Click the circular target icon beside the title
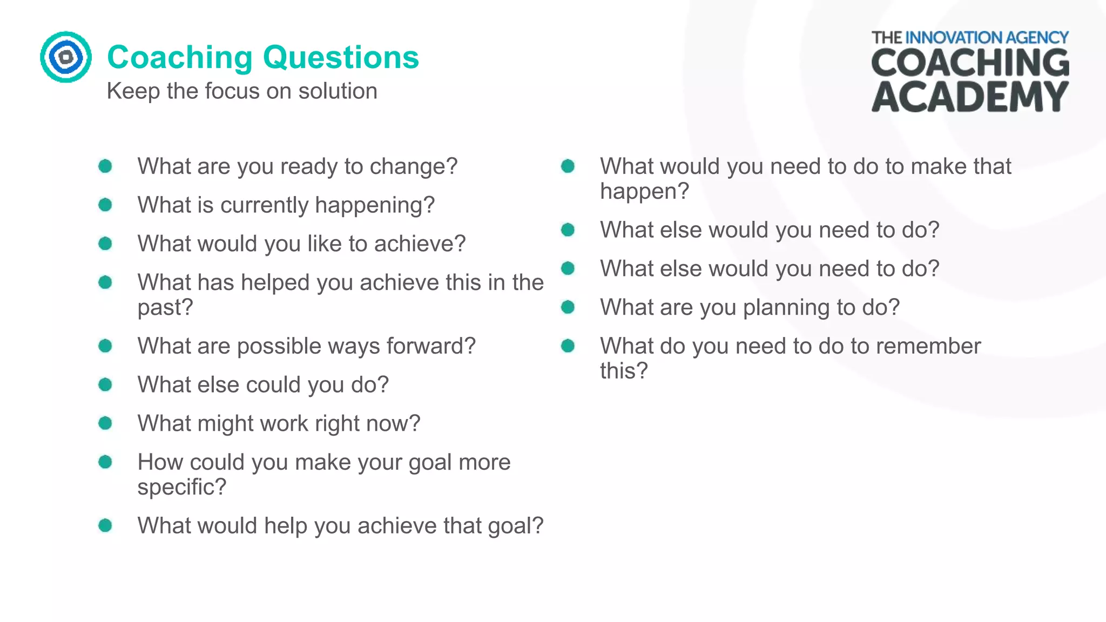(x=65, y=57)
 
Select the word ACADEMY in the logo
(x=970, y=97)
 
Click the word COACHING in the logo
(x=970, y=63)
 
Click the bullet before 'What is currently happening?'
(x=105, y=205)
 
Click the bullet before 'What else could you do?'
(x=105, y=384)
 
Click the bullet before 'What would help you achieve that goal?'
(x=105, y=525)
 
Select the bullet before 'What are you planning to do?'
(x=568, y=307)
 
